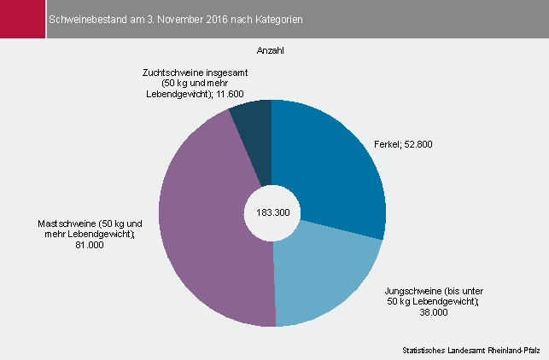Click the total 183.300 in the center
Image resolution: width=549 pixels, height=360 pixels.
[272, 212]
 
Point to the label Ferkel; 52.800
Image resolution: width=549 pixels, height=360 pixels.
[403, 145]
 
